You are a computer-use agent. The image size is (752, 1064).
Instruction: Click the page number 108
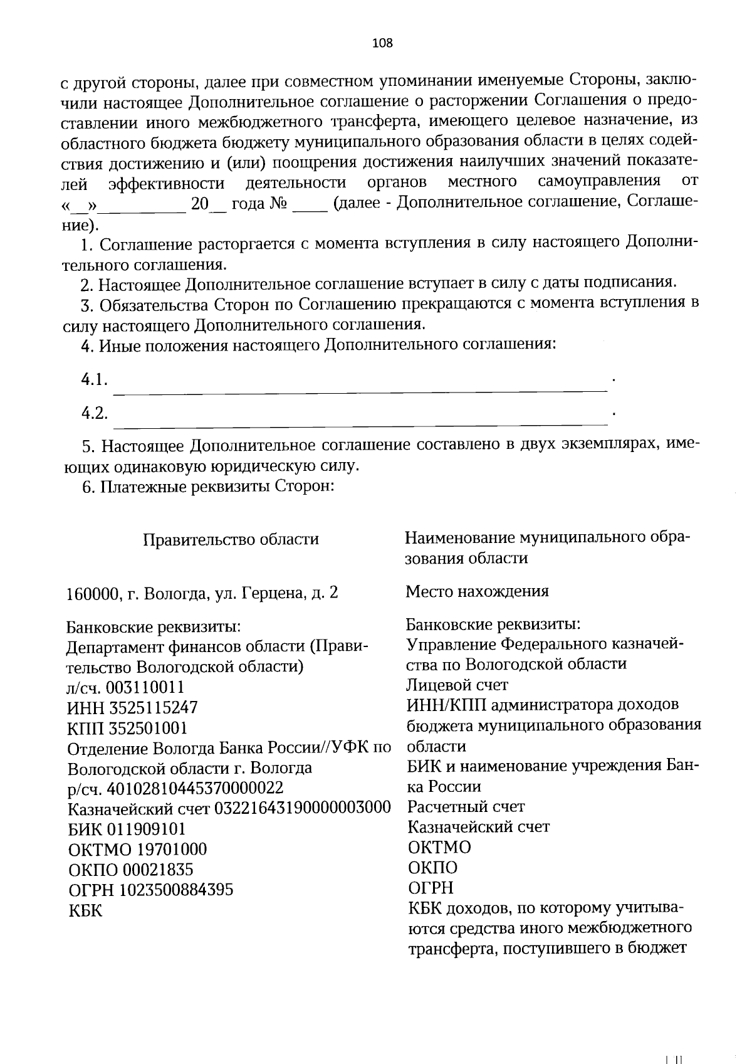382,43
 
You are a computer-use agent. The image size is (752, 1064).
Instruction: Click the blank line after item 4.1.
360,390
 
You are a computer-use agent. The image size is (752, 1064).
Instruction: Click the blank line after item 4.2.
360,423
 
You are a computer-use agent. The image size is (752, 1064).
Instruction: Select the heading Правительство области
231,539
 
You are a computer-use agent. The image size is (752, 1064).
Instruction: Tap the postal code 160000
93,593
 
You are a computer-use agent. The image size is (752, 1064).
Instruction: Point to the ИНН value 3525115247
154,708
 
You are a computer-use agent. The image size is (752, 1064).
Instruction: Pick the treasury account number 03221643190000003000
303,808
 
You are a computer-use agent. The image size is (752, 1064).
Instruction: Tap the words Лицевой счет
457,685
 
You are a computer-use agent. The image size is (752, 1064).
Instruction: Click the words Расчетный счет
466,806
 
